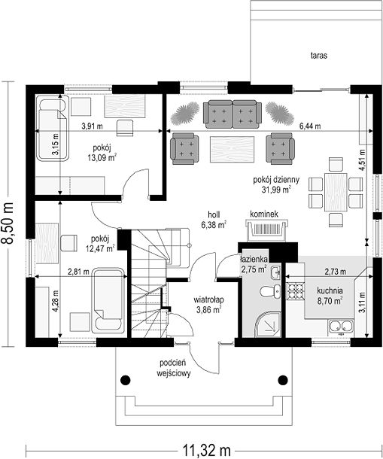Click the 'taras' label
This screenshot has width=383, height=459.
point(319,56)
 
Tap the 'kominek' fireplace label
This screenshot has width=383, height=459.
point(264,214)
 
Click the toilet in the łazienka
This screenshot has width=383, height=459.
point(270,292)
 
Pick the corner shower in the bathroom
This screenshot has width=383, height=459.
point(268,324)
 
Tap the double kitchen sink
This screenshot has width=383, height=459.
point(341,327)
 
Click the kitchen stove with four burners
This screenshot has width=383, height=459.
point(295,291)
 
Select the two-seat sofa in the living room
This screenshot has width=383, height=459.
point(233,114)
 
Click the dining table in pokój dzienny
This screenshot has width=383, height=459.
point(336,192)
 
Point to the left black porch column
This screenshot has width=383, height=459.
point(126,380)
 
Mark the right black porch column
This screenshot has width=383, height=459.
point(283,380)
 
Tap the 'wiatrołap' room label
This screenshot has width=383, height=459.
point(208,299)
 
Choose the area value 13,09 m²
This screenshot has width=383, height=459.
point(102,157)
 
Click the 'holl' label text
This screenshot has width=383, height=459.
point(214,214)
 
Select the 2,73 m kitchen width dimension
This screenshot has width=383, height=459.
point(336,272)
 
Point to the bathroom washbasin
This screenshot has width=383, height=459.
point(275,273)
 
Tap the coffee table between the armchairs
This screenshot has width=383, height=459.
point(233,149)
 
